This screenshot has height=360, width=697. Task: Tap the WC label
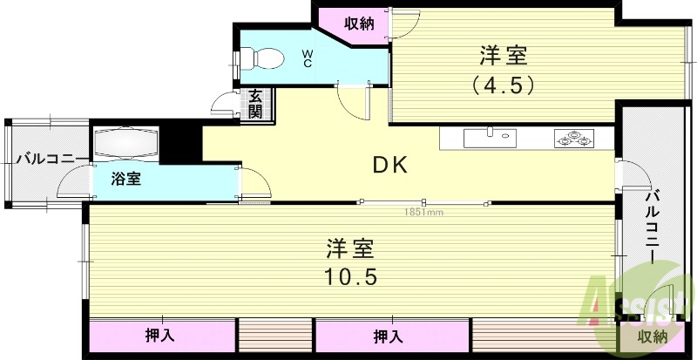click(x=308, y=58)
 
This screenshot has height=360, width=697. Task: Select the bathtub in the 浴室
click(x=125, y=142)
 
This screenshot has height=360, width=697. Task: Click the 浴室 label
click(x=126, y=180)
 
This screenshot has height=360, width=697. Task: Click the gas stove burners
click(x=573, y=138)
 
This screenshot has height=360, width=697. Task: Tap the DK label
click(x=391, y=164)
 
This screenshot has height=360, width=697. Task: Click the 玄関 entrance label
click(x=254, y=105)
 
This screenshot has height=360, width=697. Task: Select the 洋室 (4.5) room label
click(x=503, y=70)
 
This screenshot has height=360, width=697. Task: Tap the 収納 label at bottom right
click(x=653, y=336)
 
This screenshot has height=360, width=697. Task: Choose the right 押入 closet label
click(x=388, y=336)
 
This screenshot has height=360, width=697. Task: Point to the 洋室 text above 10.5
click(x=350, y=248)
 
